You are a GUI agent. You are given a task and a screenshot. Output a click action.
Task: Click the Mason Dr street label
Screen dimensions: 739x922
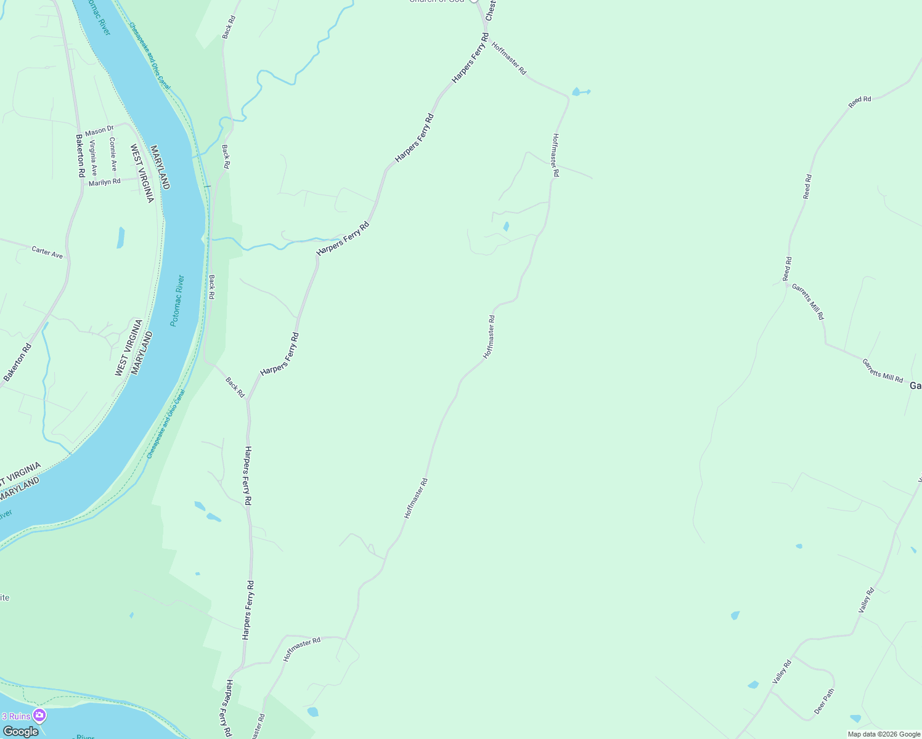click(x=99, y=131)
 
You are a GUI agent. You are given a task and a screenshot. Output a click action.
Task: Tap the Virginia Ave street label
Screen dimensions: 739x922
click(x=93, y=158)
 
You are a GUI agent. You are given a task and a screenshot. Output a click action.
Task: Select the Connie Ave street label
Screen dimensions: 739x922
click(x=113, y=154)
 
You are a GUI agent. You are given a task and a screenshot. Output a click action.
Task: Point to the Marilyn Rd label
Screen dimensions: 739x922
click(x=104, y=182)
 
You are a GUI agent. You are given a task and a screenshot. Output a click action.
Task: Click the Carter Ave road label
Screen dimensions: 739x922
click(x=47, y=252)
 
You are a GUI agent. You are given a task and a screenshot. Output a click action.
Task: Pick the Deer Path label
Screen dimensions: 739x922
click(x=824, y=701)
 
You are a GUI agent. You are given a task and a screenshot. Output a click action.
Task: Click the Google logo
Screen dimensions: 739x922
click(x=20, y=731)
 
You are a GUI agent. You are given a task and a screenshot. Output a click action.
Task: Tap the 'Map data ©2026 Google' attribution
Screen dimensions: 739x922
click(x=884, y=734)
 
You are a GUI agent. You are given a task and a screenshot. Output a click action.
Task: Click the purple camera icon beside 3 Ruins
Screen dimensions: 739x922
click(x=40, y=716)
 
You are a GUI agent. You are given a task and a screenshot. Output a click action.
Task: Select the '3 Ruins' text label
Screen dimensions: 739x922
click(x=16, y=716)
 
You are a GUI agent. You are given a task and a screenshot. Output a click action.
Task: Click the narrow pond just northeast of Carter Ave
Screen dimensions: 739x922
click(x=121, y=237)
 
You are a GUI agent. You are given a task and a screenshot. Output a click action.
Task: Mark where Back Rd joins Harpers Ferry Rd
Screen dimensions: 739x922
click(x=248, y=399)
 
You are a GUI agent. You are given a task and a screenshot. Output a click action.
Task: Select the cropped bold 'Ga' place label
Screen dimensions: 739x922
click(x=915, y=386)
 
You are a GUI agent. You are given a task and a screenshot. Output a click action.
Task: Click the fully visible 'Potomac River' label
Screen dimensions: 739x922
click(x=177, y=301)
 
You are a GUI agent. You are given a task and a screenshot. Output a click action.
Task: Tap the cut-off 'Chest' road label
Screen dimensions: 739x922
click(x=491, y=10)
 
